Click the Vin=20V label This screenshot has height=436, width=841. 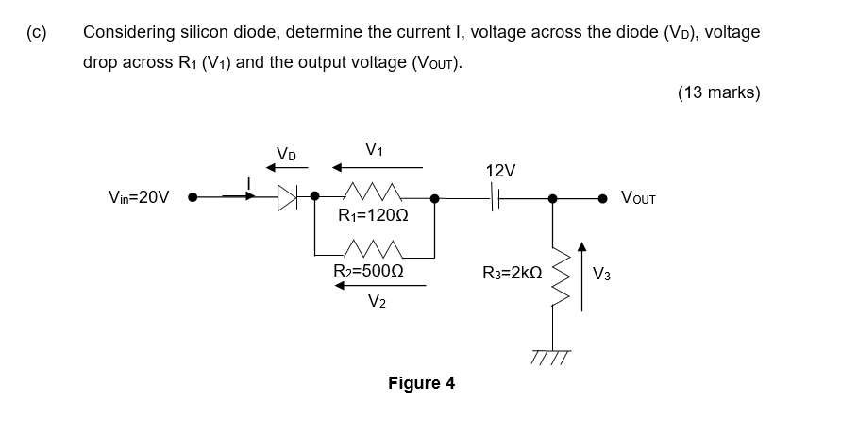click(140, 198)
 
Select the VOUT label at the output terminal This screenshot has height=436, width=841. click(639, 198)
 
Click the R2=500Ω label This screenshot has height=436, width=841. click(370, 272)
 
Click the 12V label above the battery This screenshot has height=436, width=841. click(500, 171)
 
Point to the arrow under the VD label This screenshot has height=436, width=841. click(287, 168)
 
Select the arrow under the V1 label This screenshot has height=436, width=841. click(376, 168)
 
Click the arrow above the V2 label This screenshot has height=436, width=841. click(376, 286)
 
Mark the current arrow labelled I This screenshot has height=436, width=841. click(240, 197)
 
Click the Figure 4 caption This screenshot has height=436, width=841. click(421, 383)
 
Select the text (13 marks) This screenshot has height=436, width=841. click(718, 92)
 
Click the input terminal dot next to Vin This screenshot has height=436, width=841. click(193, 198)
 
